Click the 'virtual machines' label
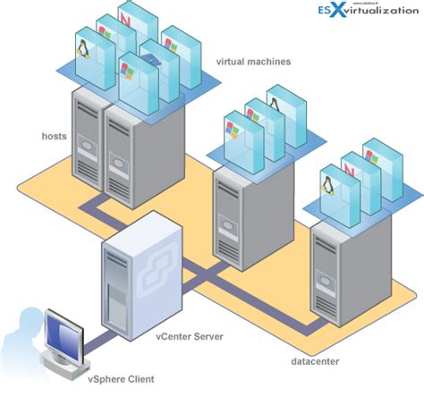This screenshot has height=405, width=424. [x=253, y=62]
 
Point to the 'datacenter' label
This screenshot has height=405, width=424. [x=315, y=361]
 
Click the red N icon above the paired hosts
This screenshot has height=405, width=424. [x=132, y=18]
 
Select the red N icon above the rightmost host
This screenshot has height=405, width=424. [x=352, y=168]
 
